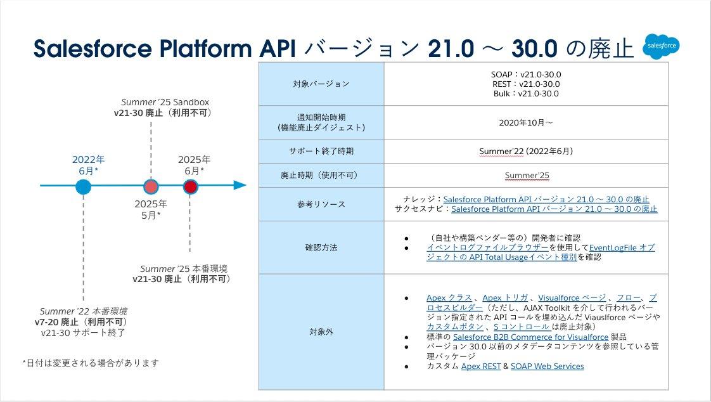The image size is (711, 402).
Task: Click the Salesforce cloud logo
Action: (660, 46)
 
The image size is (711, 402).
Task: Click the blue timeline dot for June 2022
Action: (83, 186)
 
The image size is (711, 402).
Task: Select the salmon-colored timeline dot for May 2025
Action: (151, 186)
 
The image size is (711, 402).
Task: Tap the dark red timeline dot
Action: (190, 186)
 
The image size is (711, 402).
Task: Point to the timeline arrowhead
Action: (240, 185)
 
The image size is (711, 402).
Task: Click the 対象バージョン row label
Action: (321, 84)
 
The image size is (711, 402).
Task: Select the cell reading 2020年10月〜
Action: (525, 122)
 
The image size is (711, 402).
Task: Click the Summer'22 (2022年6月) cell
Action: (525, 151)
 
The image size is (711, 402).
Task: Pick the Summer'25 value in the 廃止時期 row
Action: (525, 175)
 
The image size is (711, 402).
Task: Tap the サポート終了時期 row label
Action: (321, 152)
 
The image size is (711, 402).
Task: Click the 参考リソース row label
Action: (321, 204)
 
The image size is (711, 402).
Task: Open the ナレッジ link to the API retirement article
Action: (546, 199)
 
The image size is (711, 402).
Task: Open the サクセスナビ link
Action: (554, 209)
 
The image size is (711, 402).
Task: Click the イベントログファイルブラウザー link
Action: (487, 248)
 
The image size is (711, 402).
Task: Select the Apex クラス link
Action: (449, 297)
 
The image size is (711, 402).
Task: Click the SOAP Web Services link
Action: (547, 366)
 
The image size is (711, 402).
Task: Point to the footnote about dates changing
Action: (90, 363)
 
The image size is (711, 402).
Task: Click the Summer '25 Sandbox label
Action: (165, 102)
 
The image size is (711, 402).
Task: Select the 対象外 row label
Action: (321, 332)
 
